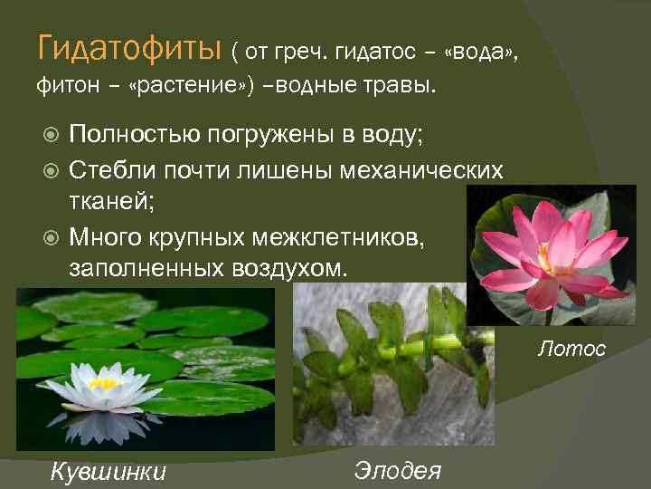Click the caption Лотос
point(572,347)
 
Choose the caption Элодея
point(398,469)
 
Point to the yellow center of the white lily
point(104,384)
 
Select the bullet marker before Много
point(52,237)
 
